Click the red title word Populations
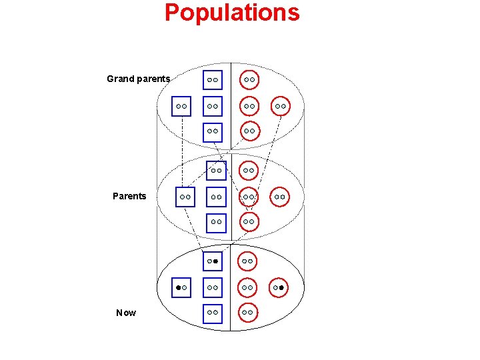pyautogui.click(x=232, y=13)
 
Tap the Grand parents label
pyautogui.click(x=139, y=79)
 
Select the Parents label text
pyautogui.click(x=129, y=196)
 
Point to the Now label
pyautogui.click(x=125, y=313)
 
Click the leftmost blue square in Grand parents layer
pyautogui.click(x=181, y=105)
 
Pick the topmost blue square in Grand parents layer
pyautogui.click(x=213, y=80)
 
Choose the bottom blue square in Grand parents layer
pyautogui.click(x=213, y=131)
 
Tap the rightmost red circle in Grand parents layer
pyautogui.click(x=281, y=105)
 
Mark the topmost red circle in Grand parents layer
pyautogui.click(x=249, y=80)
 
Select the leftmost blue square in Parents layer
pyautogui.click(x=185, y=197)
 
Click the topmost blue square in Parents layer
pyautogui.click(x=216, y=171)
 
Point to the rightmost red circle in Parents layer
pyautogui.click(x=280, y=197)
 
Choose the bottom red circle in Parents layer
pyautogui.click(x=249, y=221)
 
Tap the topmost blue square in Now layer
pyautogui.click(x=213, y=261)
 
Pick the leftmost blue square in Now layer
pyautogui.click(x=181, y=287)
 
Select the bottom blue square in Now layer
pyautogui.click(x=213, y=312)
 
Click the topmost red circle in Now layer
pyautogui.click(x=247, y=261)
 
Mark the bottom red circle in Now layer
pyautogui.click(x=247, y=312)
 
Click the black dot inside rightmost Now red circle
pyautogui.click(x=282, y=287)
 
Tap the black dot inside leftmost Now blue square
pyautogui.click(x=178, y=287)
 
